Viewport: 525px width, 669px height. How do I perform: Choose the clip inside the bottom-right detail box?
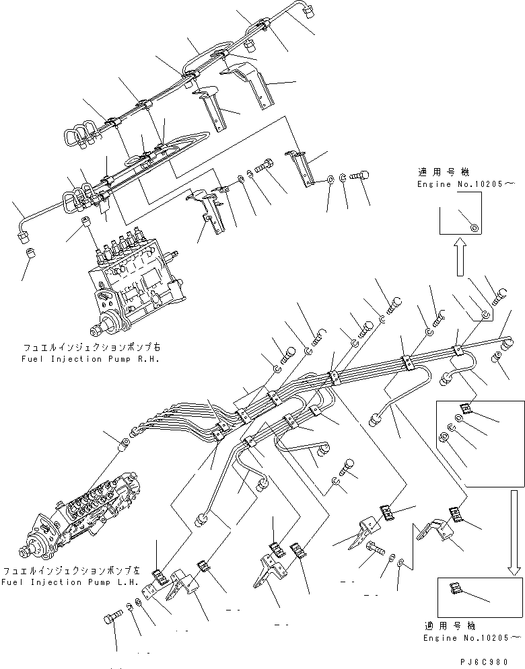(455, 590)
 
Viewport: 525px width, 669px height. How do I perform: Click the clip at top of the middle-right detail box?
(466, 408)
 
